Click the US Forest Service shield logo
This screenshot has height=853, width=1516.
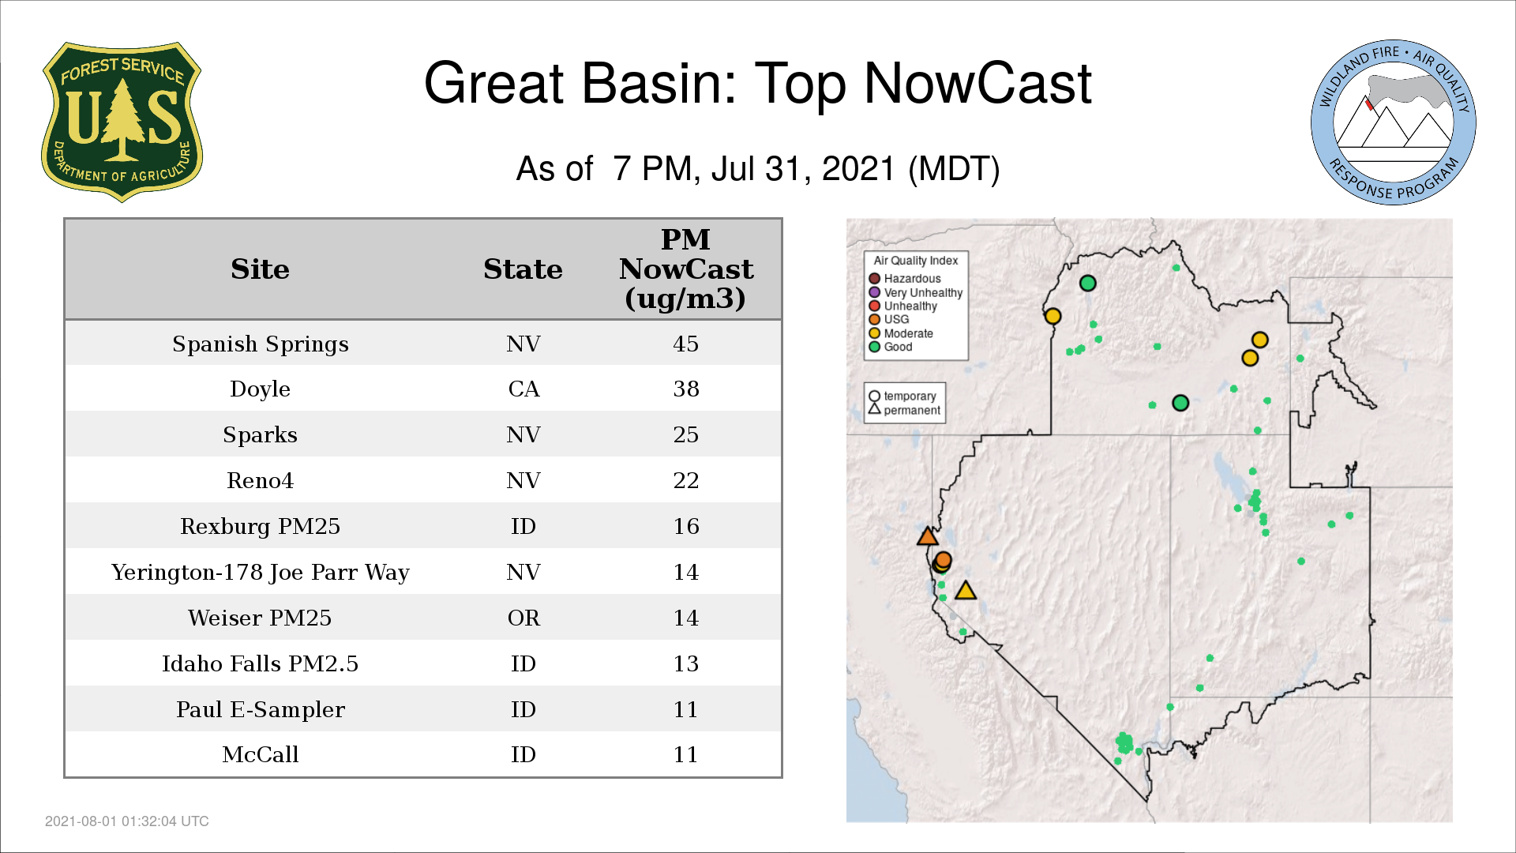click(122, 122)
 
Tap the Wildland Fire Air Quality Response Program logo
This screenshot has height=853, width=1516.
click(1394, 122)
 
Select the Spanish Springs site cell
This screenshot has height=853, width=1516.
click(261, 344)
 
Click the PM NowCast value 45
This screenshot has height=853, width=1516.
click(685, 344)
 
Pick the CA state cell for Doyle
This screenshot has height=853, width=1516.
click(523, 389)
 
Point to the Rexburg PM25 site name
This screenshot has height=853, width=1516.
click(260, 526)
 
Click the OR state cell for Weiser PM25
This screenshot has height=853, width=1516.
click(523, 618)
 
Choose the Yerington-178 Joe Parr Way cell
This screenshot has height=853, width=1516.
click(260, 572)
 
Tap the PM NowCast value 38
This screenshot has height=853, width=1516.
click(685, 389)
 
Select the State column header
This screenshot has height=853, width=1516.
click(523, 269)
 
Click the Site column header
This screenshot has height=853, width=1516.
click(260, 269)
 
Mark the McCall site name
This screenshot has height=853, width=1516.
click(260, 754)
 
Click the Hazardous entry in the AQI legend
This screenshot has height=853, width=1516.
click(905, 279)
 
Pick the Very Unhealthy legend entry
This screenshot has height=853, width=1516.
click(916, 292)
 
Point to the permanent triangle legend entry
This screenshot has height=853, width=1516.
click(905, 410)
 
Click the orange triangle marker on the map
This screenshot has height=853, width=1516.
click(928, 536)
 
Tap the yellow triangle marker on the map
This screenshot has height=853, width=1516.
click(966, 590)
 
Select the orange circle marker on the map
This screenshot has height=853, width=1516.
click(943, 560)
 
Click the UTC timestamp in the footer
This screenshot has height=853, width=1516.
click(127, 821)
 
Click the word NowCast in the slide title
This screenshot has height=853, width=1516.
click(978, 84)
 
